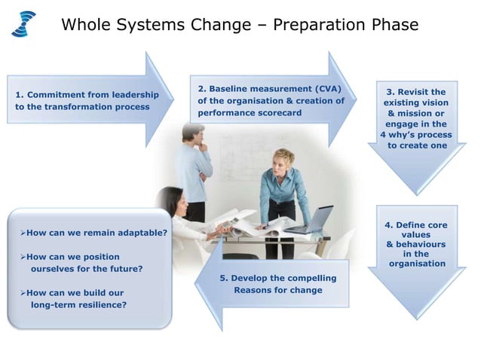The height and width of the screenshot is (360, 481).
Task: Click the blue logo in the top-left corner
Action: [x=23, y=23]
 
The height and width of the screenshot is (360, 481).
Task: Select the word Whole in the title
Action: [x=85, y=25]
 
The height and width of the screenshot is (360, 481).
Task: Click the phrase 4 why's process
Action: [x=416, y=135]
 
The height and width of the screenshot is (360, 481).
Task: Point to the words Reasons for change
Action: [x=277, y=290]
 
